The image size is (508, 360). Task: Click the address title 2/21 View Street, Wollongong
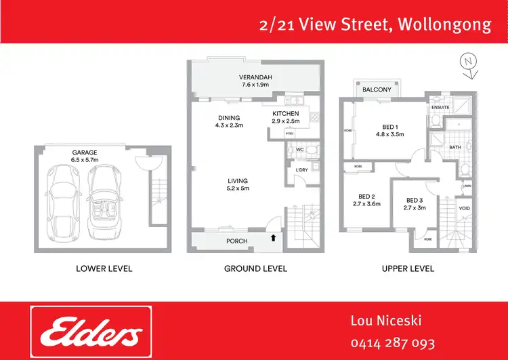[375, 25]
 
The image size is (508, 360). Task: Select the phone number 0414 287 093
[392, 343]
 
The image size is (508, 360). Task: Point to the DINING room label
[228, 121]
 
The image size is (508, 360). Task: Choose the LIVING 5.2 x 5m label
[237, 184]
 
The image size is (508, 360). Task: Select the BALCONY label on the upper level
[377, 89]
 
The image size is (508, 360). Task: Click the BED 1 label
[388, 129]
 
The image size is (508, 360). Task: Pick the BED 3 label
[415, 203]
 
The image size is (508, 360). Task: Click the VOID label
[465, 208]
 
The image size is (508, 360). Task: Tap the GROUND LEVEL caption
[255, 268]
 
